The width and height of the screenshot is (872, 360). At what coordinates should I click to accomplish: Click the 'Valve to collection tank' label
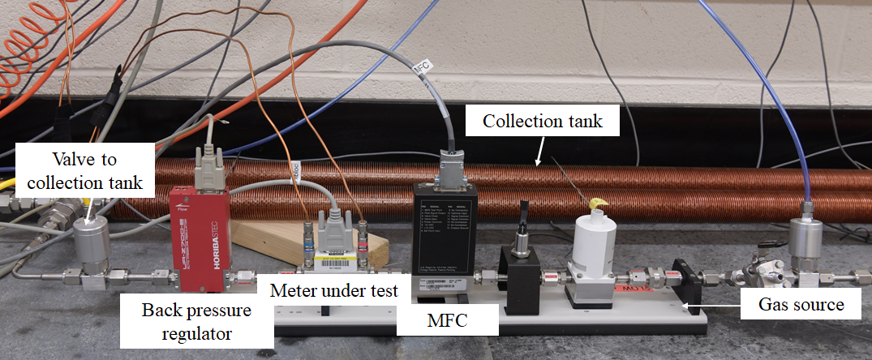(x=85, y=171)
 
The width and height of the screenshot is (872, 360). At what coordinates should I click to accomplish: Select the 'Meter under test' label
(x=334, y=290)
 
